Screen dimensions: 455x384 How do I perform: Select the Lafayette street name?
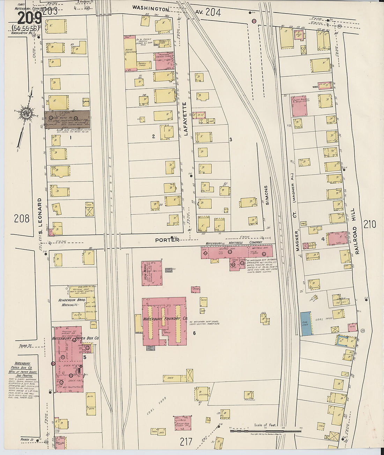(x=185, y=119)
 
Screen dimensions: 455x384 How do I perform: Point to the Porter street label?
(x=167, y=240)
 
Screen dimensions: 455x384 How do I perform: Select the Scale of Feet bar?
(x=265, y=431)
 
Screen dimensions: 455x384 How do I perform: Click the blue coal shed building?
(x=306, y=324)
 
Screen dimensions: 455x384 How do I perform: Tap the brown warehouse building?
(x=67, y=120)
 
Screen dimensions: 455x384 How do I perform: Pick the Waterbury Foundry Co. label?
(x=165, y=319)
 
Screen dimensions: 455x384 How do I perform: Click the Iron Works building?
(x=152, y=273)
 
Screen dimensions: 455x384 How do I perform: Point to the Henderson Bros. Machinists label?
(x=68, y=302)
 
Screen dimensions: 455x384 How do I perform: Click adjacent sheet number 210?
(x=369, y=224)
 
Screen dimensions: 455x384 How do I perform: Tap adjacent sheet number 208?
(x=22, y=219)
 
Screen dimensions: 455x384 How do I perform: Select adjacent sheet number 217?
(x=186, y=442)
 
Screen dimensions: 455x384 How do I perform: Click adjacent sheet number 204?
(x=213, y=12)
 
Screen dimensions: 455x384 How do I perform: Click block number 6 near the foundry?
(x=194, y=333)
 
